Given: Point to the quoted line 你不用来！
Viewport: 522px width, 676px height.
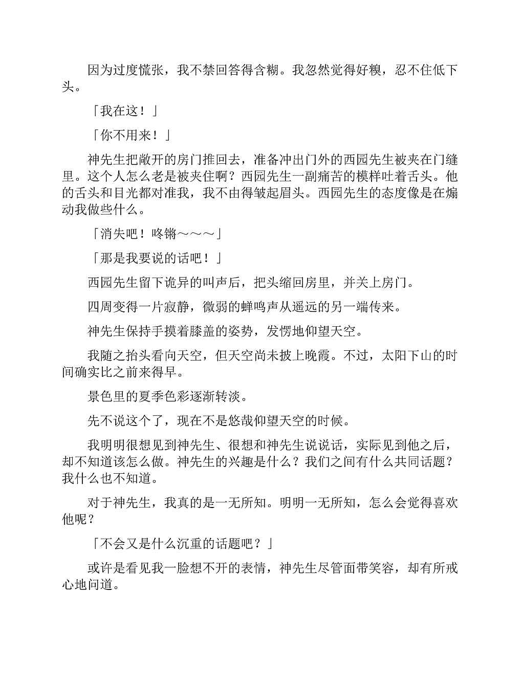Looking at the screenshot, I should pos(132,136).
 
